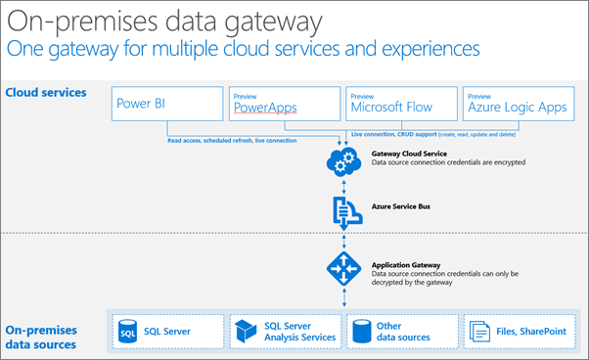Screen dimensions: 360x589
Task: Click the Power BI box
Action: click(x=165, y=103)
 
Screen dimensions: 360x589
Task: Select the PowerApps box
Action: click(x=284, y=104)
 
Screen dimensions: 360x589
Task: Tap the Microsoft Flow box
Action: click(x=401, y=104)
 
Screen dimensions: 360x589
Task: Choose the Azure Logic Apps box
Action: click(x=518, y=104)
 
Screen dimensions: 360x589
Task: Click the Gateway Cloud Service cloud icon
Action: click(x=343, y=162)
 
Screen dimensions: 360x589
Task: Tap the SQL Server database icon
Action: click(x=127, y=332)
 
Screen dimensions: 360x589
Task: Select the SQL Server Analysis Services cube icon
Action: click(x=244, y=332)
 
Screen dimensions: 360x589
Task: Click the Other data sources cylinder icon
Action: click(x=363, y=332)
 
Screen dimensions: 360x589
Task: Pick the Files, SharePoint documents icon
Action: click(x=480, y=332)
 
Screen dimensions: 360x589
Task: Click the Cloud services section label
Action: click(x=46, y=93)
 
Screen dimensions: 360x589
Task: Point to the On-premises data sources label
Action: click(x=49, y=337)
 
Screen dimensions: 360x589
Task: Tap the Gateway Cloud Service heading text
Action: click(x=412, y=154)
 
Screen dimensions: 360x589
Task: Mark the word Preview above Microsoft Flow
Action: click(x=362, y=95)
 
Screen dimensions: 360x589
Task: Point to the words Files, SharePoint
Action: click(x=529, y=332)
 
